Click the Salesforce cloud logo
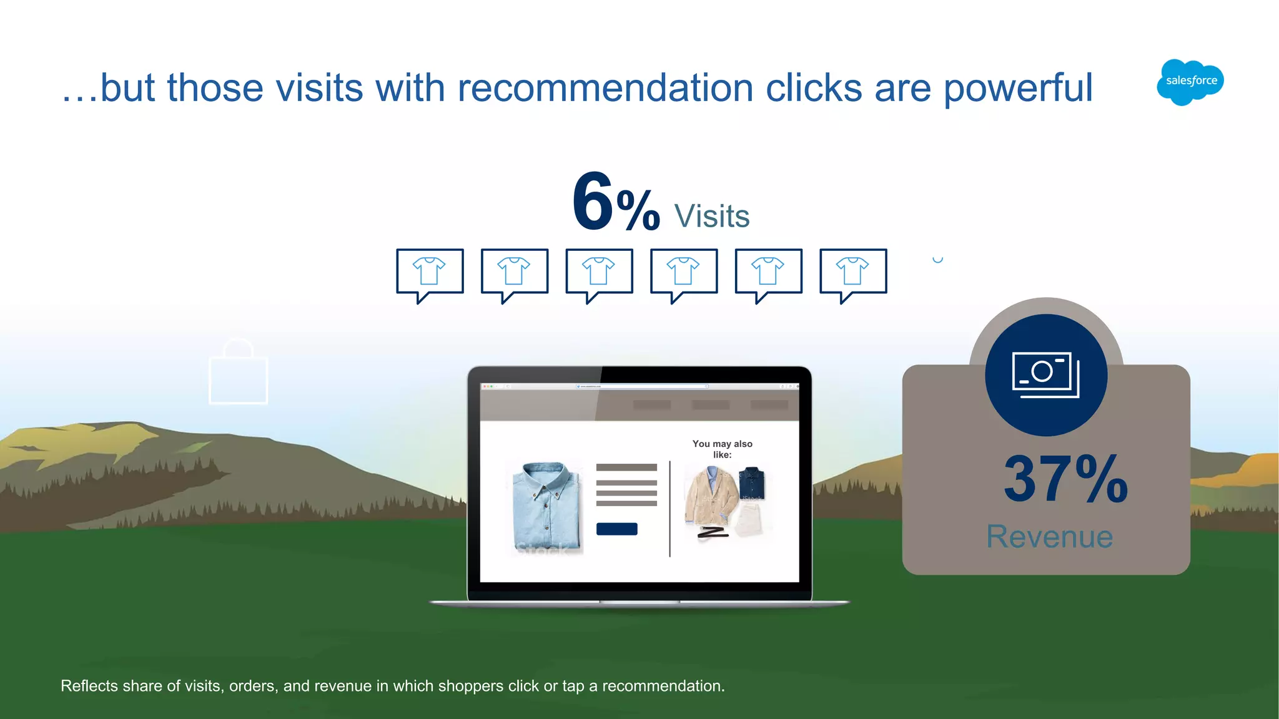[1190, 82]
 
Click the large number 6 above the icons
[593, 202]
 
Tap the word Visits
[712, 217]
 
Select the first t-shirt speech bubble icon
[430, 272]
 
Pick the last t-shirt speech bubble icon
[853, 272]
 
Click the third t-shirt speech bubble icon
[599, 272]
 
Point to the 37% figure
[1065, 479]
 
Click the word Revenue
[1049, 537]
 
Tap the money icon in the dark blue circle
[1045, 374]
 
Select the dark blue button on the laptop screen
[616, 529]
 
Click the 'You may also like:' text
[723, 449]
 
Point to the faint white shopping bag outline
[238, 374]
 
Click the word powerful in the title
[1018, 88]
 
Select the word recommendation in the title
[605, 88]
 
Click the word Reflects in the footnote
[89, 686]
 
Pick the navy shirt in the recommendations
[752, 483]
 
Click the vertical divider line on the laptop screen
[670, 509]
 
